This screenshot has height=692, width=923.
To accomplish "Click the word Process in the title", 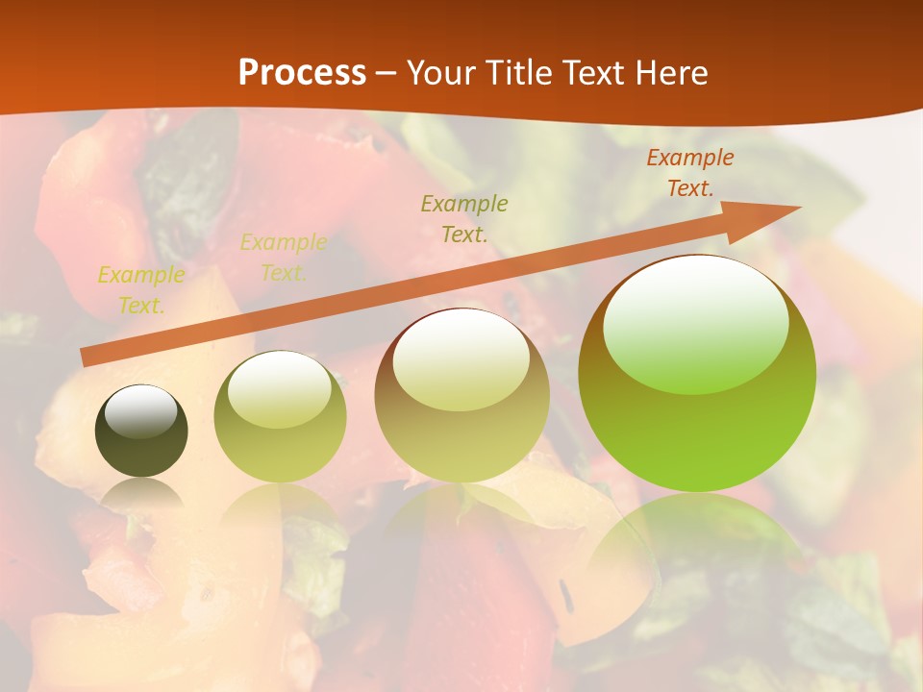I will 302,73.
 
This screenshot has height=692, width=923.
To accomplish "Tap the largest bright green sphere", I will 697,423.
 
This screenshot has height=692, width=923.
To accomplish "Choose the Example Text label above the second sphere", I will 283,258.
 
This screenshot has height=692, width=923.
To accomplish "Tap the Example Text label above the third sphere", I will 464,218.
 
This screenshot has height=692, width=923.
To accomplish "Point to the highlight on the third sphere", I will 461,360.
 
